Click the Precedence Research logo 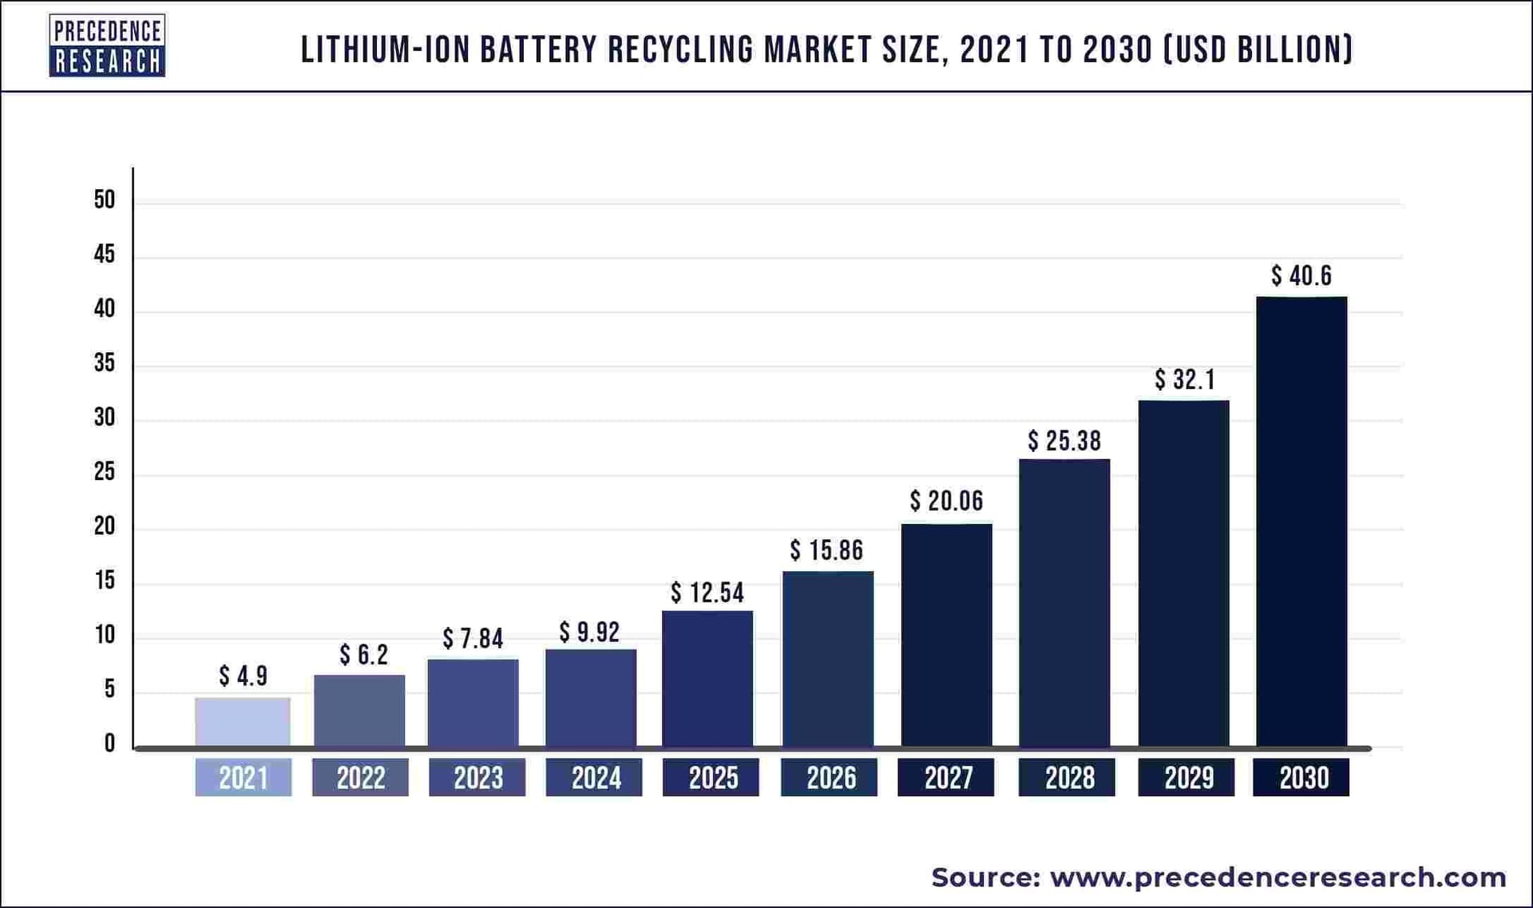click(107, 46)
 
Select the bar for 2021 click(243, 722)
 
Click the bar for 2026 click(828, 659)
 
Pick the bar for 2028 click(1064, 603)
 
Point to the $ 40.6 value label click(1301, 276)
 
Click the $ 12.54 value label click(707, 593)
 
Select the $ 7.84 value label click(473, 639)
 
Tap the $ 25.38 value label click(1064, 441)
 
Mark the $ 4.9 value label click(243, 676)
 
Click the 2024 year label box click(595, 778)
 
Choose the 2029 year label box click(1187, 778)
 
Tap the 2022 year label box click(360, 778)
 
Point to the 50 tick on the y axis click(105, 200)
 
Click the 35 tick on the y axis click(105, 363)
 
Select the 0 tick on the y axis click(109, 743)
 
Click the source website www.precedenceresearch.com click(1277, 877)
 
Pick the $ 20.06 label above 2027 click(946, 502)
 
